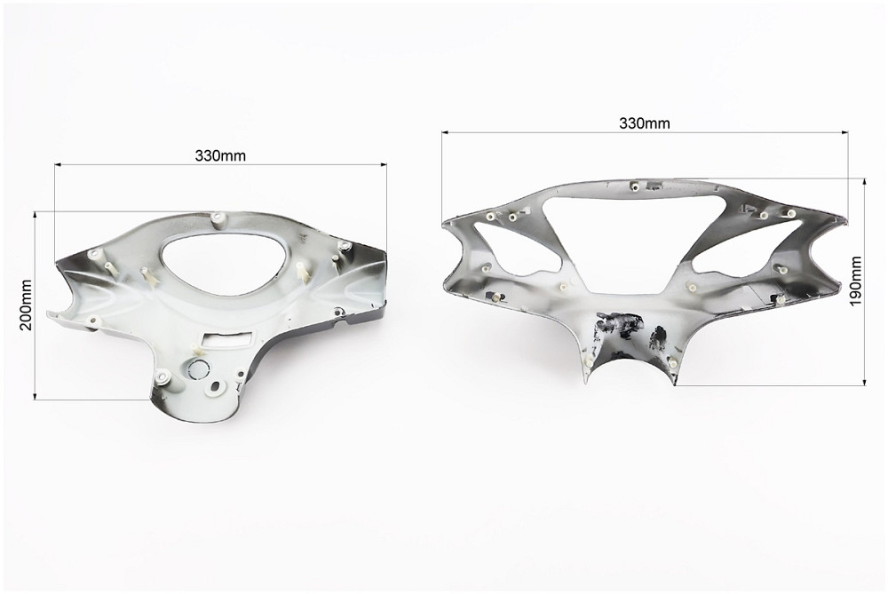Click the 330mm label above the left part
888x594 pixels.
(x=220, y=155)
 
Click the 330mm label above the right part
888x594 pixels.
(x=645, y=123)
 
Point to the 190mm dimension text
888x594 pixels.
(x=855, y=281)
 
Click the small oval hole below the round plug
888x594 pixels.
(x=215, y=386)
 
